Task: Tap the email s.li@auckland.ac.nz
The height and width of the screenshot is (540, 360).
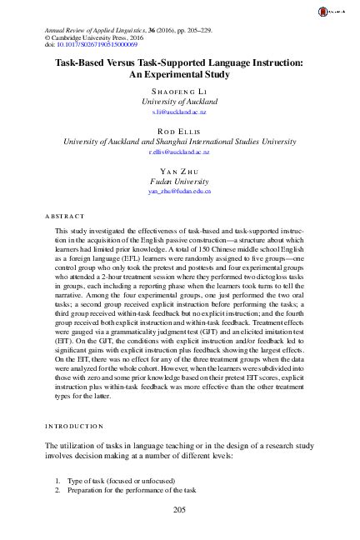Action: (x=179, y=110)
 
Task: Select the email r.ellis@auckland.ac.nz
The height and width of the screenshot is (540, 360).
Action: (x=179, y=153)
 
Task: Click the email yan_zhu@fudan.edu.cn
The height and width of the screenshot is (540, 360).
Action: (x=179, y=192)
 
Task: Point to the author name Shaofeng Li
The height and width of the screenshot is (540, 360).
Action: (x=179, y=89)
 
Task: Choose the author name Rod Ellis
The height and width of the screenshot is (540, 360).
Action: (x=179, y=132)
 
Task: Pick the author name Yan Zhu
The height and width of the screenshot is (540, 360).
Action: (x=179, y=170)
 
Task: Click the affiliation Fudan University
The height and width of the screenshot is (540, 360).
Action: (x=179, y=181)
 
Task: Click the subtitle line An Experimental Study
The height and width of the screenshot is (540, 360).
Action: (x=179, y=73)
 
